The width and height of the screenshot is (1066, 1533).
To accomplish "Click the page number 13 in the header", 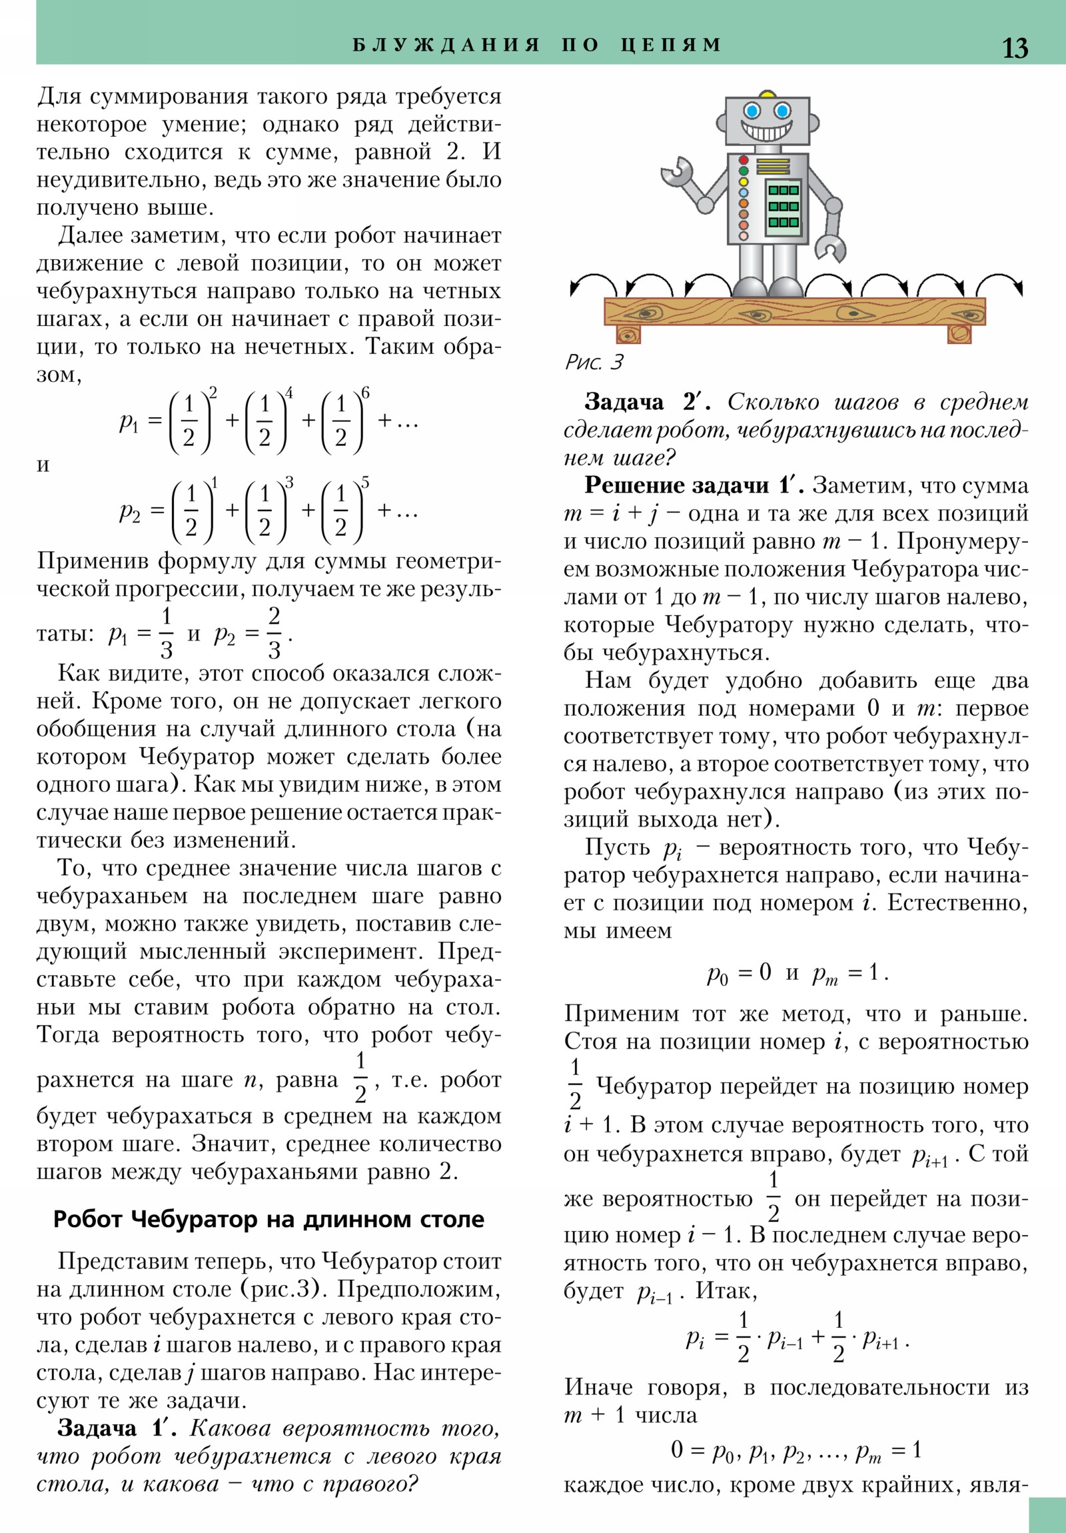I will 1015,47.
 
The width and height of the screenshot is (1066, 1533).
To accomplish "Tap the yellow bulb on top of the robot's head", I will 767,93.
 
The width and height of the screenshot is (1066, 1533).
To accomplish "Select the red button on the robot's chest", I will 744,160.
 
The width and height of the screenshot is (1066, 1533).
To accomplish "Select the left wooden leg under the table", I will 628,334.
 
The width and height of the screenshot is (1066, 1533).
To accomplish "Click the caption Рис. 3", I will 594,362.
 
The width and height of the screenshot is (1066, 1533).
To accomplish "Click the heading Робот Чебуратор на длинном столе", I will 268,1219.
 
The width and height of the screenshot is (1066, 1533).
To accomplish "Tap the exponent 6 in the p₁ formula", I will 365,393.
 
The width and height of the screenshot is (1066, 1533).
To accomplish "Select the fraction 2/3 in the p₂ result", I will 274,633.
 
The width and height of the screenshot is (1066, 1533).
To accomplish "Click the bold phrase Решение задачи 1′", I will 696,485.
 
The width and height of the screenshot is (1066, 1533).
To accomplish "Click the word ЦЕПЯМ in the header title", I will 671,45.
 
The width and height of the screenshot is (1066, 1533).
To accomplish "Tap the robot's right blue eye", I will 782,110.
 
